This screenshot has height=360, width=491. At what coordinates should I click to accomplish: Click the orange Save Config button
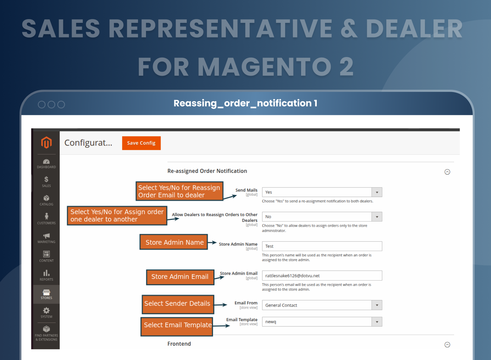[141, 143]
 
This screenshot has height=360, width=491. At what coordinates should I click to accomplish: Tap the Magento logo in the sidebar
[46, 142]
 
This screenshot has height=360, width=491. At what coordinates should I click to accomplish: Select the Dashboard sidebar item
[46, 164]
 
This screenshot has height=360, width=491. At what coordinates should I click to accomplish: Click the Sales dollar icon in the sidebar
[46, 179]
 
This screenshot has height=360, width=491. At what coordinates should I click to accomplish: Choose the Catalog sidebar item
[46, 200]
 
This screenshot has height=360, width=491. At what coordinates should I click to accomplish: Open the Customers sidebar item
[46, 219]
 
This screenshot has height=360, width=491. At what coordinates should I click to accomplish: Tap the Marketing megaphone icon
[46, 236]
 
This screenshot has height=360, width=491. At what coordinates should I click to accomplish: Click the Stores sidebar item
[46, 294]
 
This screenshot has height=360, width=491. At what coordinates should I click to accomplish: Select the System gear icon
[46, 311]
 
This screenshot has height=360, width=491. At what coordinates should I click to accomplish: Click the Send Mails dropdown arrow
[377, 192]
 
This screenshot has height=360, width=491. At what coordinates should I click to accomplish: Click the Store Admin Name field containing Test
[322, 246]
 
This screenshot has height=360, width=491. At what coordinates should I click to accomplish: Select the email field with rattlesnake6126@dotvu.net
[322, 276]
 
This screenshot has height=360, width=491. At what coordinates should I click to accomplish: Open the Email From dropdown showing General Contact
[322, 305]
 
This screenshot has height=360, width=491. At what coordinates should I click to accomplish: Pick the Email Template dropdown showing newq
[322, 322]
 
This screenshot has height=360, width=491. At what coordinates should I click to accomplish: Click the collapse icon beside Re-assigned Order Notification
[447, 172]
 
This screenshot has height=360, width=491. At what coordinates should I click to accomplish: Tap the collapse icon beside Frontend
[447, 345]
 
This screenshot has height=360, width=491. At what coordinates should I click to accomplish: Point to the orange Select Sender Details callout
[178, 304]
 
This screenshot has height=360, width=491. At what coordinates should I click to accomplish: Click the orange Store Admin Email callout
[180, 277]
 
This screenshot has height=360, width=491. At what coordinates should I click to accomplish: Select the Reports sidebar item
[46, 275]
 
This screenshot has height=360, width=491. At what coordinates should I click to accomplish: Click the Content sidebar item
[46, 257]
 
